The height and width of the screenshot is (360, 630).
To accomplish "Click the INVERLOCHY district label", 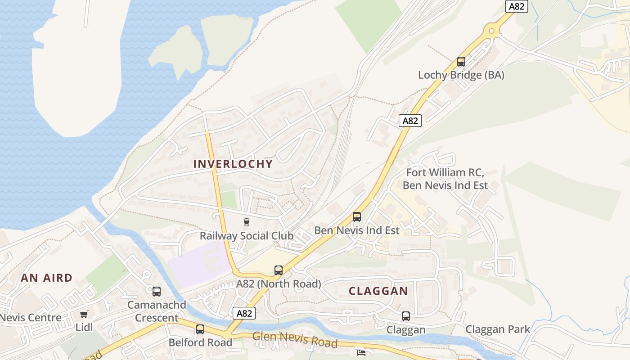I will click(233, 164).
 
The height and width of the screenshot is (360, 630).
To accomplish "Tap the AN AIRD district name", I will click(46, 278).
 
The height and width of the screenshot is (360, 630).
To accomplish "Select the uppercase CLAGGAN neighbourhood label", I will click(378, 291).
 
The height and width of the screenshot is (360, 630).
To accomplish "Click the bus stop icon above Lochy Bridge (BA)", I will click(461, 62).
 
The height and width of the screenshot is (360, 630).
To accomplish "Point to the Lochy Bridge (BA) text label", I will click(461, 75).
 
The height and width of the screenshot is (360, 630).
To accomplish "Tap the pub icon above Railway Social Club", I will click(246, 222).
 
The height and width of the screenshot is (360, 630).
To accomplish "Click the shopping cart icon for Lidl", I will click(84, 314).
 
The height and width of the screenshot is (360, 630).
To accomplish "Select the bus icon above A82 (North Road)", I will click(279, 270).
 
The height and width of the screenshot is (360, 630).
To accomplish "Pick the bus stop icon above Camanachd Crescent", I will click(156, 292).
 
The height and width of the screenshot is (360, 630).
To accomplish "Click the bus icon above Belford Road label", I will click(200, 329).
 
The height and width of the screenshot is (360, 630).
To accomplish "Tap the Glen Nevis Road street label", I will click(295, 339).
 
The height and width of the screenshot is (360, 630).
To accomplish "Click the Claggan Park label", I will click(498, 329).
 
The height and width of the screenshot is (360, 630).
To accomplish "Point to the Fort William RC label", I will click(445, 172).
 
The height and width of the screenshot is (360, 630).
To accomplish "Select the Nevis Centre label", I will click(31, 318).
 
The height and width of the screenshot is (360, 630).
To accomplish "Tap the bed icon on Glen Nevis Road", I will click(361, 352).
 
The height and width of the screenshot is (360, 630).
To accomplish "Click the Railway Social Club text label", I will click(246, 236).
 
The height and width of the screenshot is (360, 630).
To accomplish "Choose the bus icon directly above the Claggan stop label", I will click(405, 316).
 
